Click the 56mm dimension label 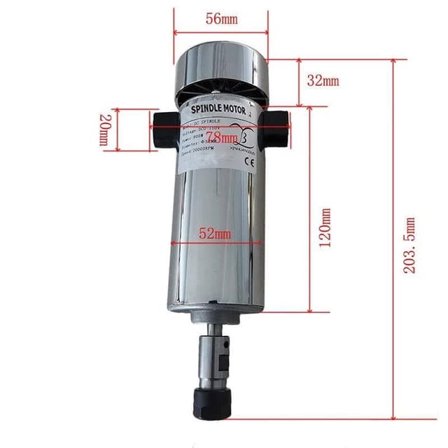pyautogui.click(x=220, y=20)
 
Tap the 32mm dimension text pyautogui.click(x=323, y=80)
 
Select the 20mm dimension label pyautogui.click(x=104, y=130)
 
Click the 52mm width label pyautogui.click(x=214, y=235)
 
